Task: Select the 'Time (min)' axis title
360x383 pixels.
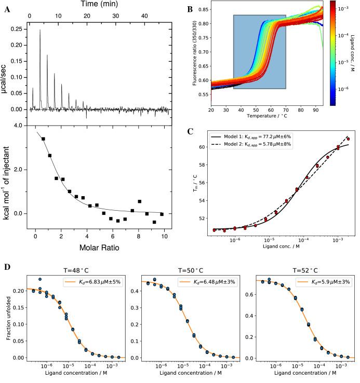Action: tap(99, 4)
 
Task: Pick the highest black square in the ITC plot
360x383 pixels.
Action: tap(43, 139)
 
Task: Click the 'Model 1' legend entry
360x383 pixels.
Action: tap(260, 135)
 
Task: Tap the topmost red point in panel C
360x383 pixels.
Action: tap(349, 139)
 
